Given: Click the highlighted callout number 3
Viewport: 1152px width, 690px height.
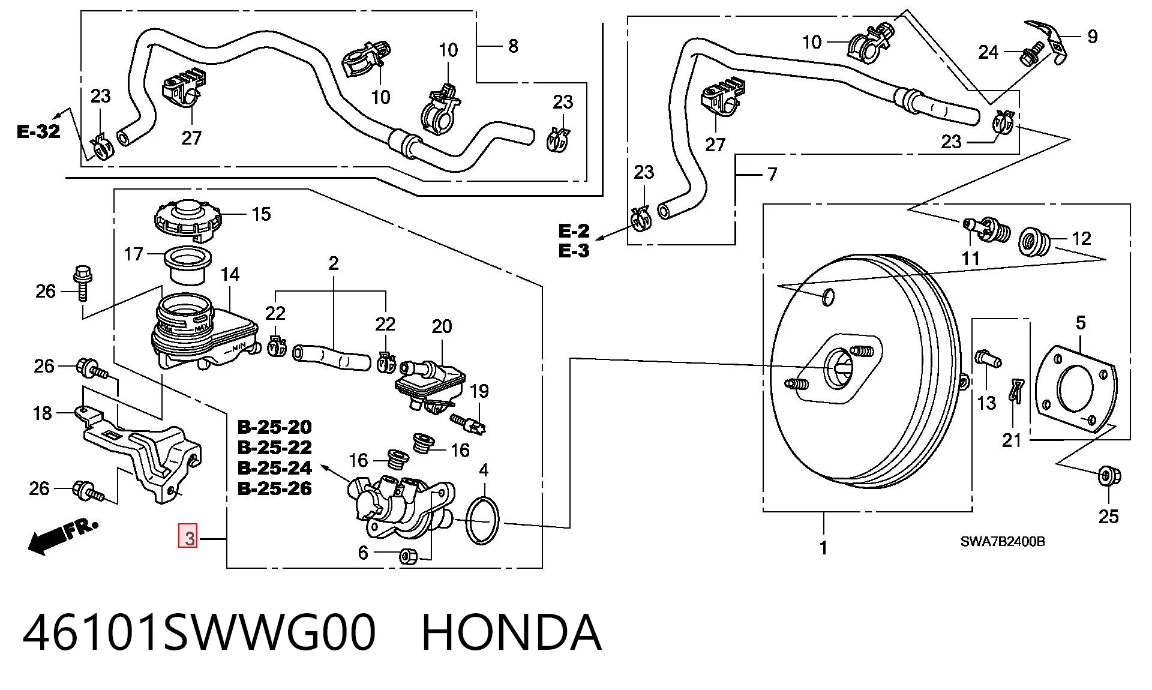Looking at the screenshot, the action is (x=189, y=537).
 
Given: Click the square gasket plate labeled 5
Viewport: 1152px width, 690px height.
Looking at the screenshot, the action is (x=1073, y=389).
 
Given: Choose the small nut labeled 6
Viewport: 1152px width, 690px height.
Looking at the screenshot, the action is (x=408, y=556).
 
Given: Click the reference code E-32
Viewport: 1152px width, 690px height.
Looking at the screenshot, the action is (x=39, y=131).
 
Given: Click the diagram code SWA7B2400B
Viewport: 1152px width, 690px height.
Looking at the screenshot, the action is (x=1003, y=541).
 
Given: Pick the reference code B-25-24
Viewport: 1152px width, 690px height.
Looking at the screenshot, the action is (x=275, y=467).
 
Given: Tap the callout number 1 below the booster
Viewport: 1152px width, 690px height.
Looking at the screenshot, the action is (x=823, y=548).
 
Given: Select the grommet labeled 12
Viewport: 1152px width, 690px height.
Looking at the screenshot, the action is (x=1034, y=241).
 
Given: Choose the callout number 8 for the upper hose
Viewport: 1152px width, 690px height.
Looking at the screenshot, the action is (x=513, y=46).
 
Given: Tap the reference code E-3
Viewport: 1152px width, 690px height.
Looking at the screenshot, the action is (x=574, y=250).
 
